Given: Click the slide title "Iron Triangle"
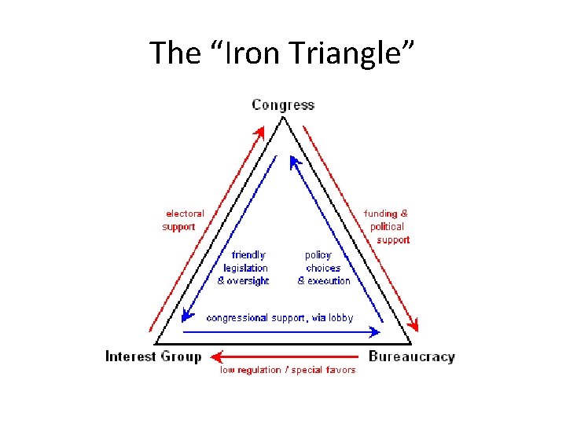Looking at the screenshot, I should pos(283,53).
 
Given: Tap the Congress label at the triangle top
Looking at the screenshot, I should pos(283,105).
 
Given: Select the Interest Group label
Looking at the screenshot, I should pos(153,356).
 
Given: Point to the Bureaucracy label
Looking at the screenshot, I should pos(411,356).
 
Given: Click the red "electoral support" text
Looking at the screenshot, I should pos(182,220).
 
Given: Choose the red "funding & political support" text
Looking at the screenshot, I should pos(387,226).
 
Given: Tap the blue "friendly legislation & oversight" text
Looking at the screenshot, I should pos(244,268).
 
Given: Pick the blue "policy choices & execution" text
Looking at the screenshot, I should pos(323,268).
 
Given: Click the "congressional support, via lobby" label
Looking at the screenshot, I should pos(279,318).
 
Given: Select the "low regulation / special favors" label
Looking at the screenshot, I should pos(287,370).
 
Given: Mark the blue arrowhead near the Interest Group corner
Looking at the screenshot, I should pos(186,316).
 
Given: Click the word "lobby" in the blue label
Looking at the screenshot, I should pos(340,318).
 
